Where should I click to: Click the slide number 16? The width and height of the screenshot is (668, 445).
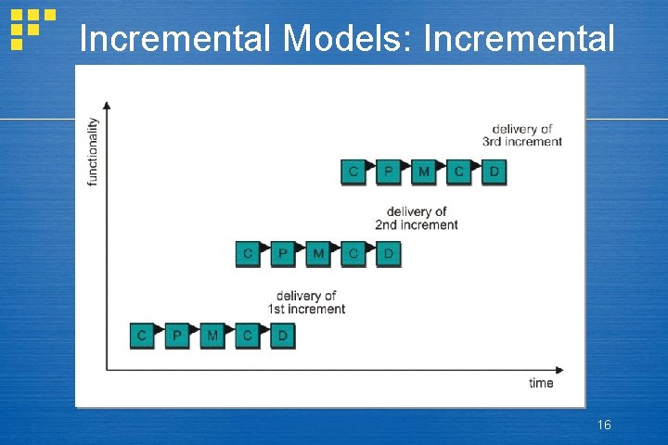(604, 425)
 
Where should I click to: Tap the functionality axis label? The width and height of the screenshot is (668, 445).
(93, 151)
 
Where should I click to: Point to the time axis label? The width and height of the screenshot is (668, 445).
(541, 383)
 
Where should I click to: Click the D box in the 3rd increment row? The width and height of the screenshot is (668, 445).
(495, 172)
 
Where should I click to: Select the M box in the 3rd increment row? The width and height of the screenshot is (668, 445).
(424, 172)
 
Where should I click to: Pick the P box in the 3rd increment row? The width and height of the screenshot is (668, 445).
(389, 172)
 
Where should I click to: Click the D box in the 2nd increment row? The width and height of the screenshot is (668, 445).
(389, 253)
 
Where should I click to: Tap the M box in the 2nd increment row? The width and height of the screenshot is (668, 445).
(318, 253)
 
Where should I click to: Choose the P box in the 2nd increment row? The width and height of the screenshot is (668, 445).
(283, 253)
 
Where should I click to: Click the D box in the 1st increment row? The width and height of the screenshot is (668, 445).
(282, 336)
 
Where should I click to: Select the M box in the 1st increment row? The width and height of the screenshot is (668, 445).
(212, 336)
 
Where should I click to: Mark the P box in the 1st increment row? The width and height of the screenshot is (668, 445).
(177, 336)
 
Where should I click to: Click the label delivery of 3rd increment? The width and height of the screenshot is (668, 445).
(522, 135)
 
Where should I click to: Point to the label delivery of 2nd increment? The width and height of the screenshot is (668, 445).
(417, 218)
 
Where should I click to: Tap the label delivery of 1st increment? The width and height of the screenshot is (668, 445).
(306, 302)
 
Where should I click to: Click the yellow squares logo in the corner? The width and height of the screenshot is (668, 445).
(31, 27)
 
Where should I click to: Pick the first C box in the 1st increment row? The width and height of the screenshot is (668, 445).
(142, 336)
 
